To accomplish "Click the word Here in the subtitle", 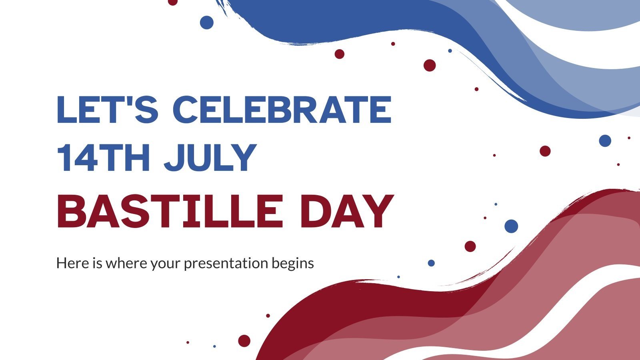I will coord(71,263).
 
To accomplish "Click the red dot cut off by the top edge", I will coord(172,2).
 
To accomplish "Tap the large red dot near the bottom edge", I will coord(244,341).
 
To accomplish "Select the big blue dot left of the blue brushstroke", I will coord(206,22).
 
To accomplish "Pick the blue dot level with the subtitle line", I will coord(431,263).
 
